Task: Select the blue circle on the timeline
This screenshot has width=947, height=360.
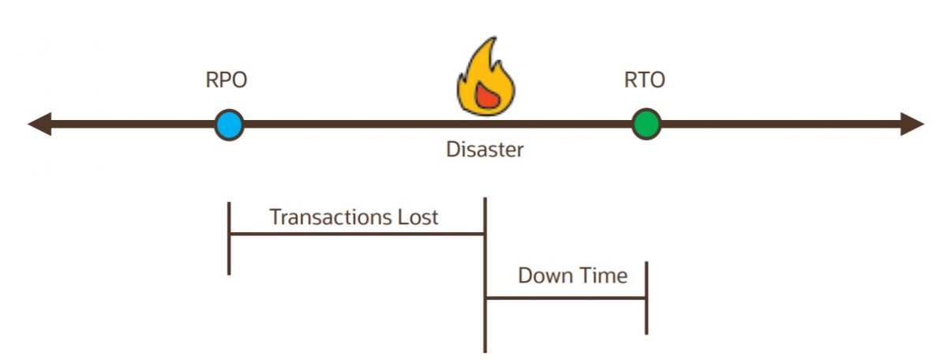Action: click(x=230, y=125)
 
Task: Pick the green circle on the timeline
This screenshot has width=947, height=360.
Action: click(x=646, y=125)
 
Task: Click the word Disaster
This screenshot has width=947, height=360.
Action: click(x=485, y=149)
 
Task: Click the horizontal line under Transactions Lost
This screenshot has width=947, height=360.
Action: click(x=355, y=234)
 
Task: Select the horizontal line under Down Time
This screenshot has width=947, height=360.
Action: click(x=565, y=298)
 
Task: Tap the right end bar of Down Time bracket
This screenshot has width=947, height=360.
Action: click(x=646, y=298)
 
